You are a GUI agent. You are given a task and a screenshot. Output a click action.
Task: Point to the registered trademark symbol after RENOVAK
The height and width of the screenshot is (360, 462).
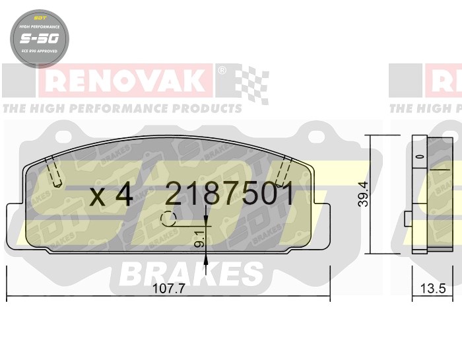coord(222,71)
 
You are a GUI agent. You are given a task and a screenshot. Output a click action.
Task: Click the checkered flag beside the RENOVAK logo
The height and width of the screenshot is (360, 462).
coord(252,84)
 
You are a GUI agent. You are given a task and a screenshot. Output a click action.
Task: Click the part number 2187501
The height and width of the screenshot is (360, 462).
coord(229,194)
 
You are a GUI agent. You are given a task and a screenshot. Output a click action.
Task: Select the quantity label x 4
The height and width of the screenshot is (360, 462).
coord(111,195)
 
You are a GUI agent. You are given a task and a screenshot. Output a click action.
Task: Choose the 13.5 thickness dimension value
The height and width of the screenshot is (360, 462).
coord(434,289)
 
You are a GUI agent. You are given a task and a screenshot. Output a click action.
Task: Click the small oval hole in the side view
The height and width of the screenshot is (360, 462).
coord(418,157)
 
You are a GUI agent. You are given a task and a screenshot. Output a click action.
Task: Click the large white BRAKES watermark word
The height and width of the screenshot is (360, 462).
coord(191,273)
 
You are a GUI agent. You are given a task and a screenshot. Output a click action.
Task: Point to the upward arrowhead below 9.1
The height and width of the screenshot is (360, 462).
coord(207,262)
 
